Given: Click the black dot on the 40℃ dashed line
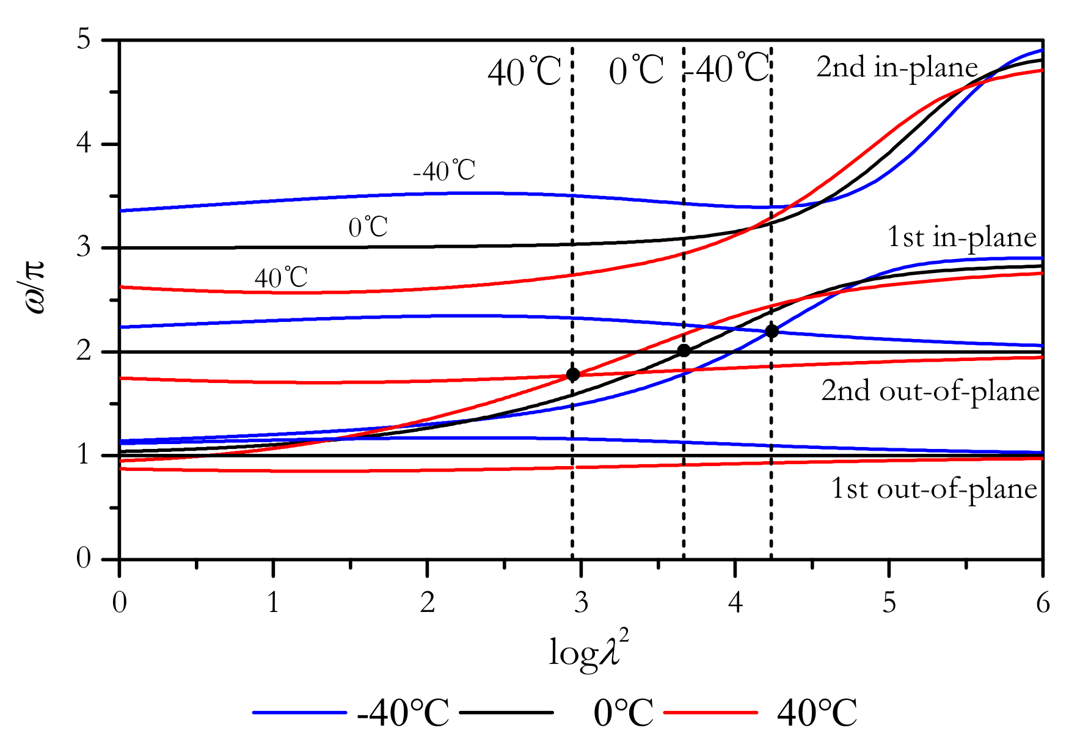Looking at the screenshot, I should (x=572, y=374).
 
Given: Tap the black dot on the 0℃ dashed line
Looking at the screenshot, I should (x=684, y=351).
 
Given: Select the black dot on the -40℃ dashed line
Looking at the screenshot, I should (x=772, y=331).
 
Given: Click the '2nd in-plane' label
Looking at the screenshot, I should (x=897, y=67).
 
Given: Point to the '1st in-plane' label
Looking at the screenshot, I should (x=961, y=237).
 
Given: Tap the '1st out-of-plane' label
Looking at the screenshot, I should (x=934, y=489).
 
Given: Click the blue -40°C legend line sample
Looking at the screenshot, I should (x=299, y=712).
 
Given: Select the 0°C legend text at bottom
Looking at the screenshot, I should (x=622, y=712).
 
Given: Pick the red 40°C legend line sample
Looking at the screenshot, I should (x=710, y=712).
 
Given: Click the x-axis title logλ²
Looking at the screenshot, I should (x=588, y=651).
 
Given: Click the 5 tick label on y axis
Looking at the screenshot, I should (x=84, y=40).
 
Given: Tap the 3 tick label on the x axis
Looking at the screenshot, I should (x=581, y=603).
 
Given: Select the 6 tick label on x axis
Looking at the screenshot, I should (x=1043, y=603).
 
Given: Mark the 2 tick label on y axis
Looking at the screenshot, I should (x=84, y=352).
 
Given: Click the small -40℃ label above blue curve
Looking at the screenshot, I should (x=444, y=171).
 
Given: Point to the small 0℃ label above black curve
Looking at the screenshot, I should (x=368, y=227).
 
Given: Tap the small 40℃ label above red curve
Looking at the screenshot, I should (x=281, y=278).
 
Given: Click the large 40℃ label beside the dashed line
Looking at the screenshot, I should (x=524, y=73).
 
